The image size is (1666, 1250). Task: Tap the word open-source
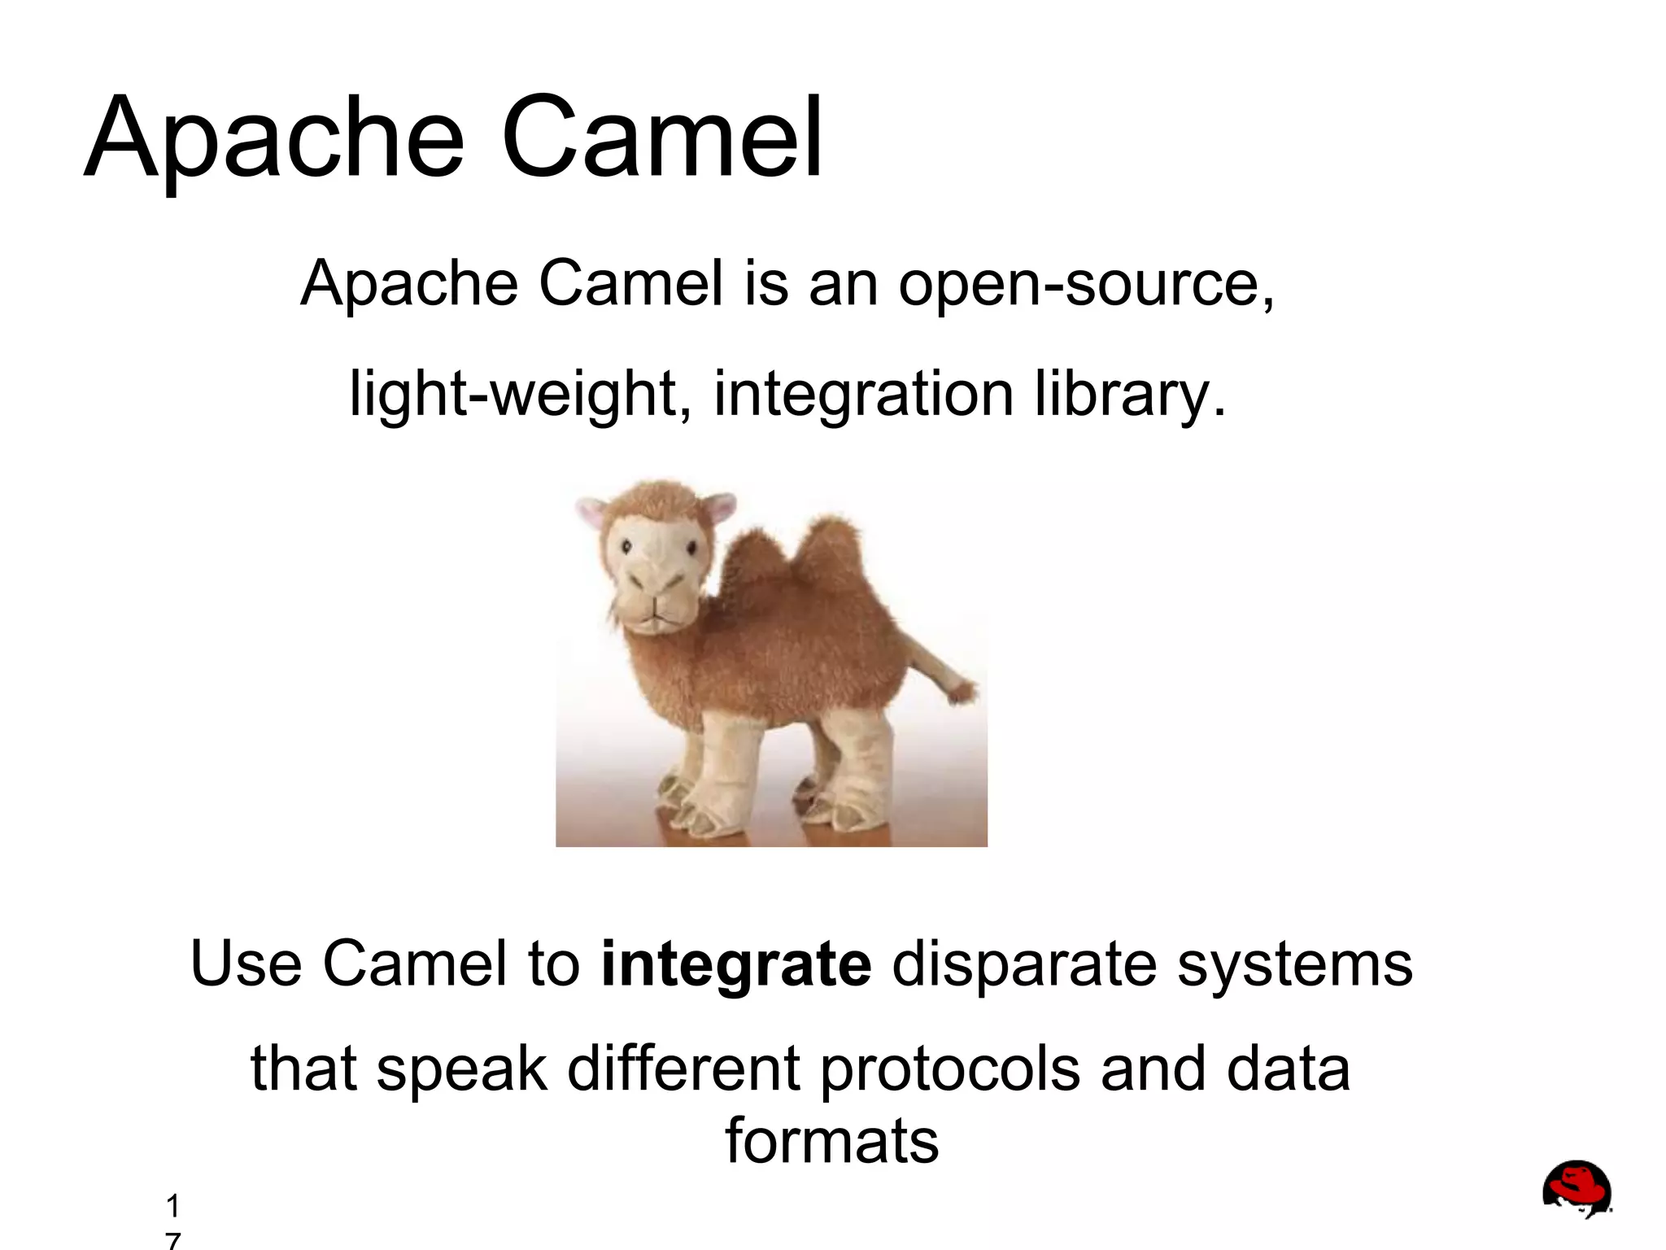[x=1085, y=285]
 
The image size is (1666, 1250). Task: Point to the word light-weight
[x=521, y=396]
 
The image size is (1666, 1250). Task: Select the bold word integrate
[x=736, y=965]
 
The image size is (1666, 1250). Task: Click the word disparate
[x=1025, y=965]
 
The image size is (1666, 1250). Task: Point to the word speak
[x=462, y=1069]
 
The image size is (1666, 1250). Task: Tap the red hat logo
[x=1577, y=1188]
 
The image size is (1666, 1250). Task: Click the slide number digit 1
[x=172, y=1205]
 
